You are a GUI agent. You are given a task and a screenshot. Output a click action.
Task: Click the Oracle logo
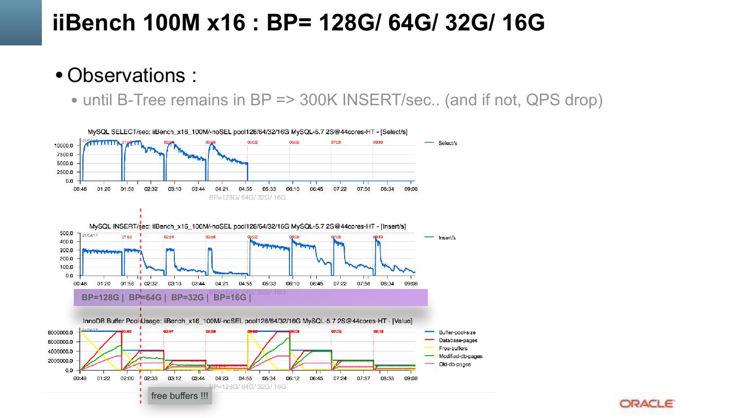point(647,404)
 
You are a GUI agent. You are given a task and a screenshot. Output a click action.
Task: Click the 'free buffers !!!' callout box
point(180,396)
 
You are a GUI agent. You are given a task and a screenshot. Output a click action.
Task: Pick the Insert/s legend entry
point(447,238)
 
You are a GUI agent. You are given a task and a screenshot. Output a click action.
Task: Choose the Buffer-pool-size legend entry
point(457,332)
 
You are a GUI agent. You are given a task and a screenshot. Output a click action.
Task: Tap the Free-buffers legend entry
point(453,348)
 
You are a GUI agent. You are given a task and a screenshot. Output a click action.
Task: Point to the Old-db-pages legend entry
point(455,364)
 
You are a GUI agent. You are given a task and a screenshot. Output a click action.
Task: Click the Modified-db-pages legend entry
point(460,356)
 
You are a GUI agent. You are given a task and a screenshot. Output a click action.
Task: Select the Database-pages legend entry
point(458,340)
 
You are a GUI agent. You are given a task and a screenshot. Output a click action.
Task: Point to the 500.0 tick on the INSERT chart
point(66,233)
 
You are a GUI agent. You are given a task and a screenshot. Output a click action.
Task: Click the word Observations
point(126,75)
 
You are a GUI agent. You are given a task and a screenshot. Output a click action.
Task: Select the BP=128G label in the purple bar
point(100,298)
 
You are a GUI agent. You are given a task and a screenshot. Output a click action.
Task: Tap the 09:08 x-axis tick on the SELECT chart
point(411,189)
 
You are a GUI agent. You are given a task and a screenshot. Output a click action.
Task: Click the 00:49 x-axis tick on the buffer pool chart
point(80,378)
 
